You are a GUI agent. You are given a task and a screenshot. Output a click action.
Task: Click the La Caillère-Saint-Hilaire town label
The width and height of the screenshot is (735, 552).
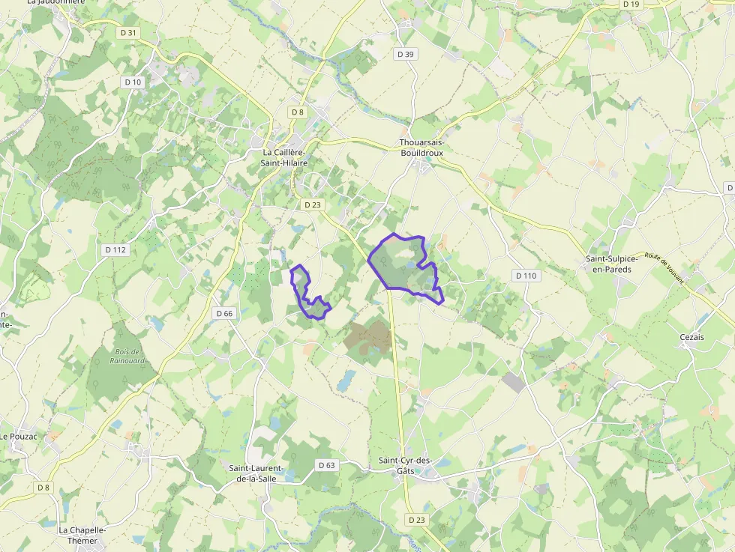point(284,157)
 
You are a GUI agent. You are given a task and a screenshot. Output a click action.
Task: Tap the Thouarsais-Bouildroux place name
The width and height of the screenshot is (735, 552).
point(421,148)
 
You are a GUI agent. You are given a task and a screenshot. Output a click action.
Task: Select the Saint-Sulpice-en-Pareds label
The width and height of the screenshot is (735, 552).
point(612,264)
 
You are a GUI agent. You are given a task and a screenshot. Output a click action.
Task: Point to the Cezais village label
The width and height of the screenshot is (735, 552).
point(691,337)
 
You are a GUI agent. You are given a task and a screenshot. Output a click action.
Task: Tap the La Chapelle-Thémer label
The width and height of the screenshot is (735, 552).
point(82,535)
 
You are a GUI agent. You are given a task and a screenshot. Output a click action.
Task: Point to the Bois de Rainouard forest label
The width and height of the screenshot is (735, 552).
point(126,356)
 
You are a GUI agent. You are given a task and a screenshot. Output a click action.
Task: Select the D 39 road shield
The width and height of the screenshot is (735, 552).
point(405,54)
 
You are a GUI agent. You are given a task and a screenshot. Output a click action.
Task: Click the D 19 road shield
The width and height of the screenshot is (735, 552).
point(631,4)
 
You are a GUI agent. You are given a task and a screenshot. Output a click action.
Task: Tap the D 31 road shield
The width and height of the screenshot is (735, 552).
point(128,33)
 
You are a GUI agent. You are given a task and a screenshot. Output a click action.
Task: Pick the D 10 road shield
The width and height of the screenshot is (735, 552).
point(133,82)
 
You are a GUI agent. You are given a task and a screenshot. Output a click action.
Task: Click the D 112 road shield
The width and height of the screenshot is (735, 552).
point(115,249)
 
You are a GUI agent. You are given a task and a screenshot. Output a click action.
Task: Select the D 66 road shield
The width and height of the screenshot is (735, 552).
point(223,313)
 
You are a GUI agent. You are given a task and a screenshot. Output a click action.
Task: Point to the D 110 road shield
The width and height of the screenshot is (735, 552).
point(526,276)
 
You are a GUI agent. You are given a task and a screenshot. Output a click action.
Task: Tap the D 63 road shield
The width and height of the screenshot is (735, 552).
point(327,465)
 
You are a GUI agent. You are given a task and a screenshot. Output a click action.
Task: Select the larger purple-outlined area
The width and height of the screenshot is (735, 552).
point(401,266)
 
